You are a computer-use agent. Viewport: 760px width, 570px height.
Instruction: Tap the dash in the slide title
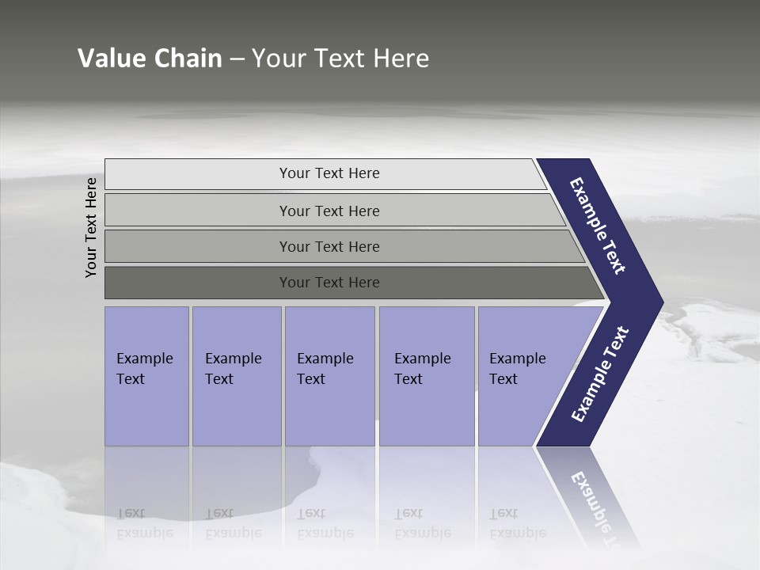pos(237,59)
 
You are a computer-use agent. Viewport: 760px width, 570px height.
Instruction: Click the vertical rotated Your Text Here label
pos(91,227)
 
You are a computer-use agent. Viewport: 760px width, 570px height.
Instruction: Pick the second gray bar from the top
pos(329,211)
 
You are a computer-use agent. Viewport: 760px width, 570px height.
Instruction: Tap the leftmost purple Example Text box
pos(146,376)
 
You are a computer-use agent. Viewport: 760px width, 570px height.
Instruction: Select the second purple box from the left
pos(236,376)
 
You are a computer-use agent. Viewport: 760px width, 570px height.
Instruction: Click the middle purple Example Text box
pos(329,376)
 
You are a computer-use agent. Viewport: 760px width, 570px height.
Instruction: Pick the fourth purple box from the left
pos(427,376)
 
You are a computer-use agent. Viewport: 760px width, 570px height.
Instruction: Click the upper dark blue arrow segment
pos(598,226)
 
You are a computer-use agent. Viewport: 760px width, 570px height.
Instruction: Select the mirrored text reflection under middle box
pos(325,523)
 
